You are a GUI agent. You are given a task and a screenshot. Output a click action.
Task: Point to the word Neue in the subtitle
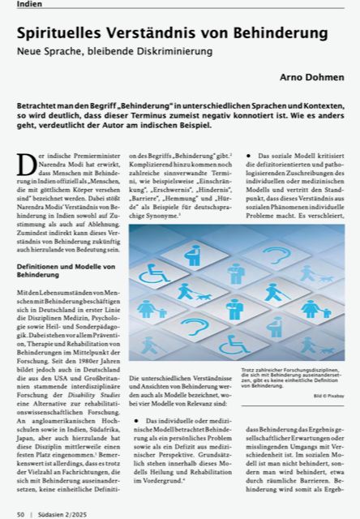[x=32, y=50]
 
